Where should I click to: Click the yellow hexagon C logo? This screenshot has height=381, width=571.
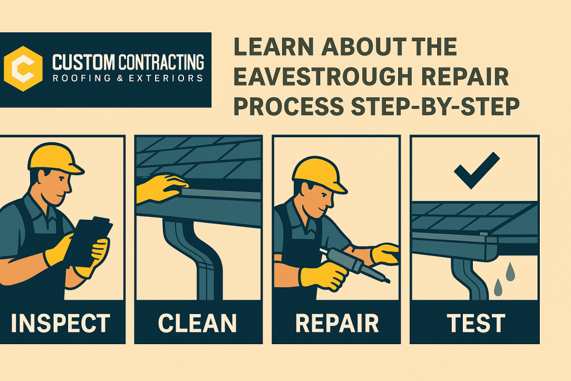point(23,69)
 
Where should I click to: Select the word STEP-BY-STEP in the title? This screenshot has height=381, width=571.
point(435,107)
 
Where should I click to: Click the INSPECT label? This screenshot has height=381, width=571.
point(60,323)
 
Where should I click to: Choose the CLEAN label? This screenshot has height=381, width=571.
point(197,323)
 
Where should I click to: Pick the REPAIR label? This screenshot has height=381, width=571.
point(337,323)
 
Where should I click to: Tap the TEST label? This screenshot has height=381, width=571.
point(476,323)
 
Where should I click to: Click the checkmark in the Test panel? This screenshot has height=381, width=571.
point(477,170)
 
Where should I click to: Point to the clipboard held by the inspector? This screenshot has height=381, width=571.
point(88,242)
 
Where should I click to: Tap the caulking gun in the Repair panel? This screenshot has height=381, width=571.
point(354,264)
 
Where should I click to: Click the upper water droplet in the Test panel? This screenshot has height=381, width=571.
point(511,272)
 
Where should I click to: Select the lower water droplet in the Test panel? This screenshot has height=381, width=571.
point(498,287)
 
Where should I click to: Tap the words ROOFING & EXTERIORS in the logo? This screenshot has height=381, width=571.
point(128,78)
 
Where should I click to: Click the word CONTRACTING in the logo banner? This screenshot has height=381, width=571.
point(161,62)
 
